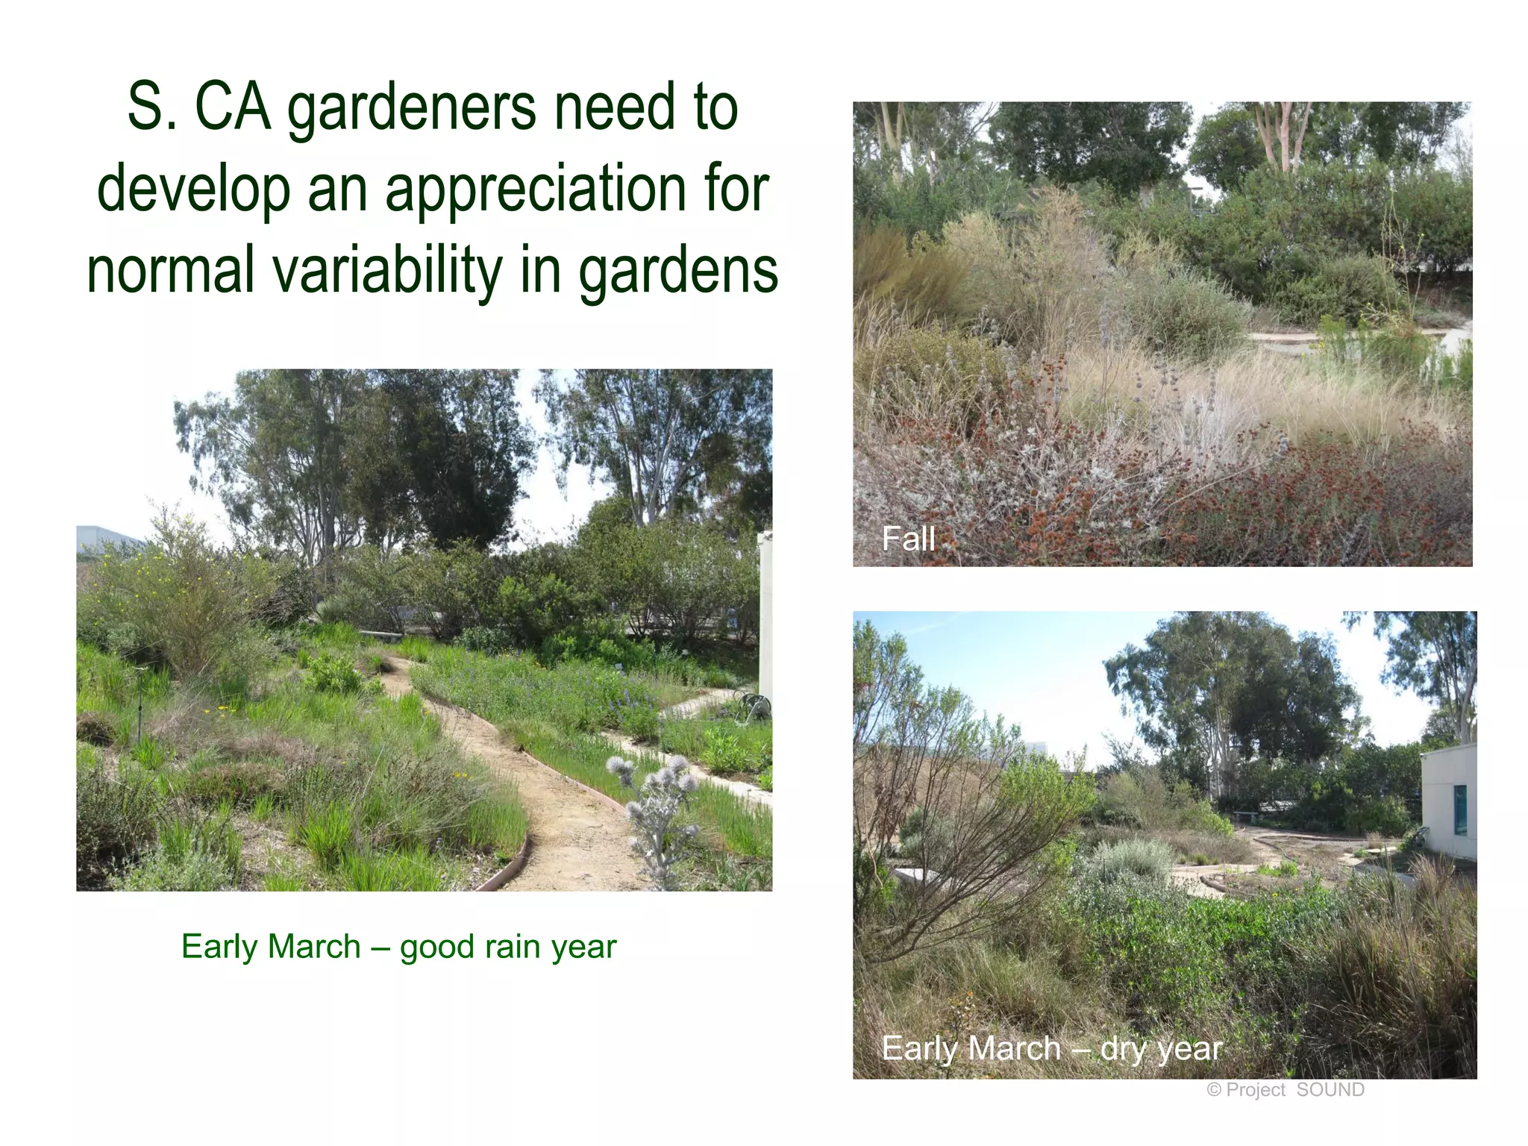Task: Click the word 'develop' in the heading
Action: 193,191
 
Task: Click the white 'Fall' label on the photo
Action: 908,539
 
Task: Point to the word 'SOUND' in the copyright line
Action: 1330,1090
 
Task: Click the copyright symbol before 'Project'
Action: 1214,1090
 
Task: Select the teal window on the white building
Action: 1459,810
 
